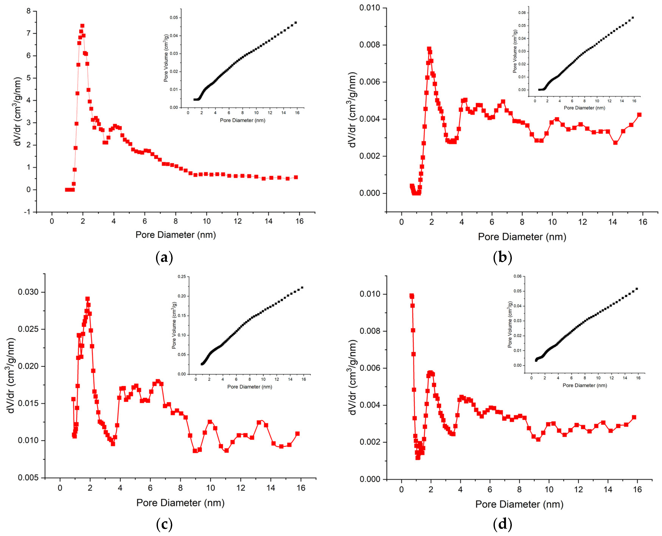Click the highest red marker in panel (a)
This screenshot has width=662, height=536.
[82, 26]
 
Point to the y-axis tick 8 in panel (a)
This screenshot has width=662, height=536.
[29, 11]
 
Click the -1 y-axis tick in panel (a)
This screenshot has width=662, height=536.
[28, 212]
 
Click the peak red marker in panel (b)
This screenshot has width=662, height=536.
[429, 49]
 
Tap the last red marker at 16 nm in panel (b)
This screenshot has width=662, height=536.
[639, 115]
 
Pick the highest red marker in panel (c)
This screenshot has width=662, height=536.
[88, 299]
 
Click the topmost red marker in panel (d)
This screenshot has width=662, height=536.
[411, 296]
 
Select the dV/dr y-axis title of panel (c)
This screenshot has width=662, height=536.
[11, 375]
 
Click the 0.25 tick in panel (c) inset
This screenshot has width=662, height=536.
[182, 277]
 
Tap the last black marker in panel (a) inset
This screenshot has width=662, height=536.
[296, 23]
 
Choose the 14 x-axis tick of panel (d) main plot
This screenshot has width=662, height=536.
[608, 489]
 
